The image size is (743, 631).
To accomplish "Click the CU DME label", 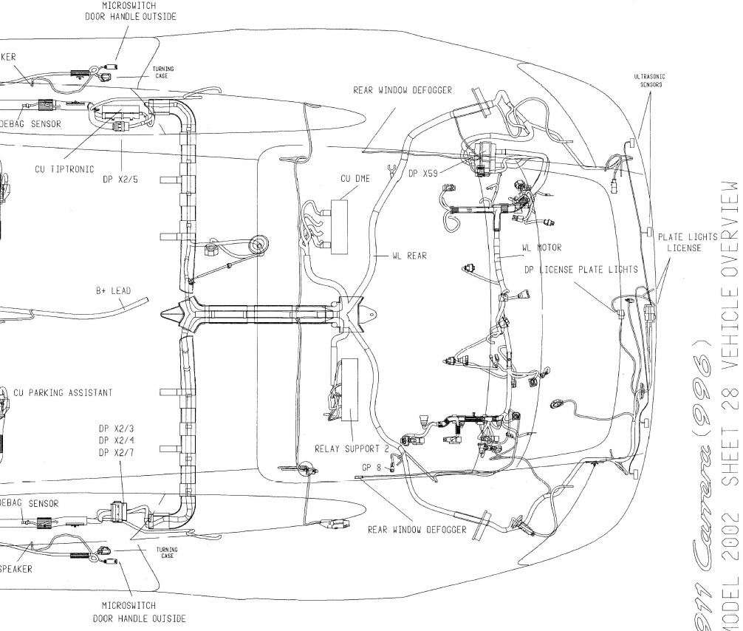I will click(355, 178).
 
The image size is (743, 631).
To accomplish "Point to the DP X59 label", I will click(423, 174).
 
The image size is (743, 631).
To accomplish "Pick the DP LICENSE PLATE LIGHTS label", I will click(581, 270).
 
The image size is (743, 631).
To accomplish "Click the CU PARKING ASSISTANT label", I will click(63, 393).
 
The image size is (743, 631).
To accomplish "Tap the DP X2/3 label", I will click(121, 429).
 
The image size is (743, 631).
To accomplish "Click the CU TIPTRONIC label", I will click(64, 169).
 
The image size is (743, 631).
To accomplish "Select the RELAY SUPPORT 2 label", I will click(352, 448).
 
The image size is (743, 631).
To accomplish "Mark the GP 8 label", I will click(372, 468).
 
